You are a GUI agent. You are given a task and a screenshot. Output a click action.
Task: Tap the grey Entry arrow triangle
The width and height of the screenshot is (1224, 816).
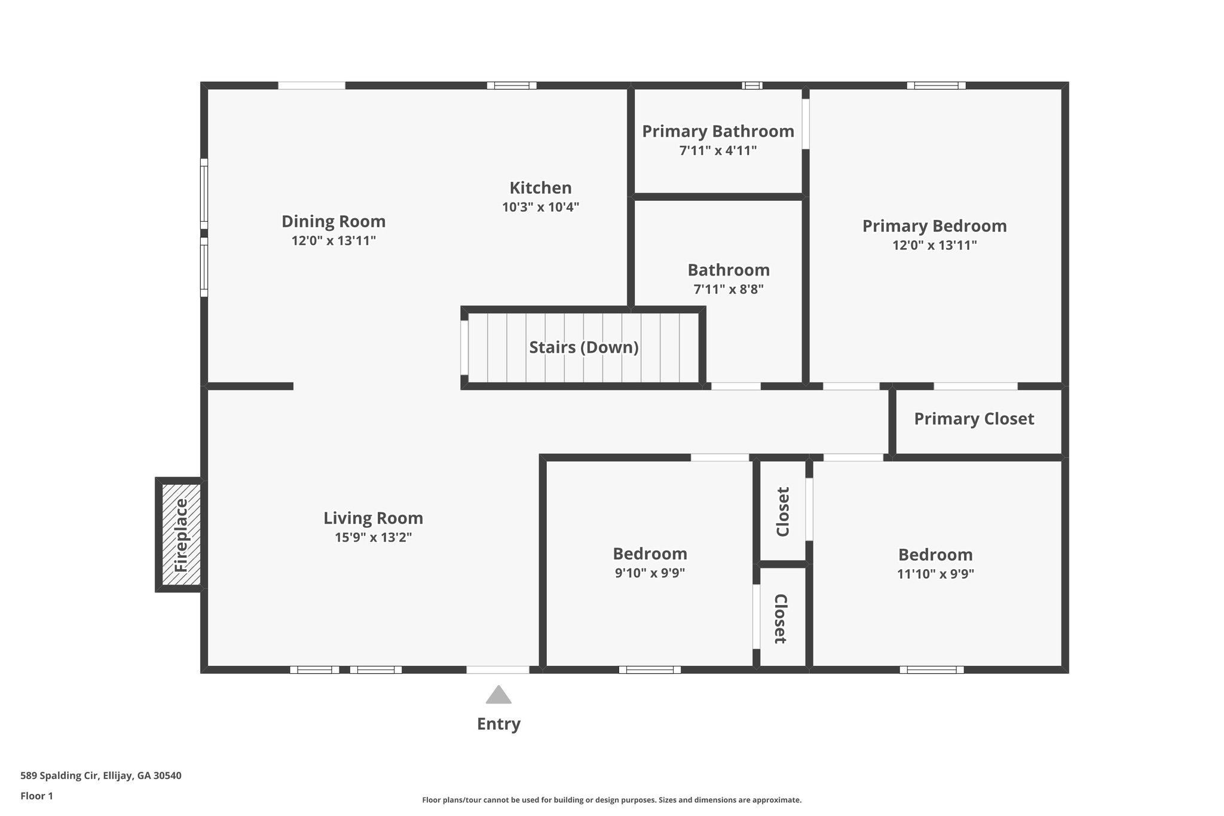(x=498, y=695)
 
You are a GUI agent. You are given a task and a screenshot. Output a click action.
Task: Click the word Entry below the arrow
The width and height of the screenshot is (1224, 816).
(x=498, y=724)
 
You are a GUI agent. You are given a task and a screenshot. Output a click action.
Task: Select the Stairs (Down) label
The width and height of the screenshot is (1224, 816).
(x=583, y=347)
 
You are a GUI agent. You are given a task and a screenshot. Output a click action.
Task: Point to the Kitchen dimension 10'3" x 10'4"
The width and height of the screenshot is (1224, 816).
(x=540, y=207)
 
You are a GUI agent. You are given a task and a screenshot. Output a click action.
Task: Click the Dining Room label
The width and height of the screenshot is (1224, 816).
(x=333, y=222)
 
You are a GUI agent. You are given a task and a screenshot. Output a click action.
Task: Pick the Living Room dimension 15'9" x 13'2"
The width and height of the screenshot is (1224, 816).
(x=373, y=537)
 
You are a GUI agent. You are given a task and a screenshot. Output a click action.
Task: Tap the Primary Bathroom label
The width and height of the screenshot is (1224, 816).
(x=718, y=132)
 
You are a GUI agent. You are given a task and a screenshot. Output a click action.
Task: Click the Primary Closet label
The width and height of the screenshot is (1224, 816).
(x=974, y=419)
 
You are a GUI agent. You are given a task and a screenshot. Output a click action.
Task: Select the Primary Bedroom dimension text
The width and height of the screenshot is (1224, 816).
(x=934, y=245)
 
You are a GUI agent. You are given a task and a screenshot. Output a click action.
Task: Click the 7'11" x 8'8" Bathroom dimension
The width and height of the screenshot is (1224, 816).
(x=728, y=290)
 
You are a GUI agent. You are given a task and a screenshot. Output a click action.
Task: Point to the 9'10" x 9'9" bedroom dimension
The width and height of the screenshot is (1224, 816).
(x=650, y=573)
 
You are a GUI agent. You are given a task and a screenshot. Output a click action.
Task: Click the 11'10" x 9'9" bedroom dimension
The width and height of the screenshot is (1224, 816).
(x=935, y=574)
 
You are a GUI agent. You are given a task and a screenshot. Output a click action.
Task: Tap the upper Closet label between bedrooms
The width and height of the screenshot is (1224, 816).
(x=783, y=512)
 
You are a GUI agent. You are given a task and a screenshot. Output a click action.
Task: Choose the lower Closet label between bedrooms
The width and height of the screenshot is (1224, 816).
(x=781, y=618)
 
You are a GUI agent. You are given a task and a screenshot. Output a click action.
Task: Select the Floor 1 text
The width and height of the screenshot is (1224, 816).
(x=36, y=796)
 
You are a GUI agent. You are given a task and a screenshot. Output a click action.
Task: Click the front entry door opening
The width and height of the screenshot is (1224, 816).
(x=497, y=670)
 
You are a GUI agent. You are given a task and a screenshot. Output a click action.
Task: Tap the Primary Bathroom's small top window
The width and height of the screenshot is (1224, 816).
(x=752, y=85)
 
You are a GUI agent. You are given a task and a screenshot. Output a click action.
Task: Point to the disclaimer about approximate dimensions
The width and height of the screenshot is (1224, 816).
(x=611, y=800)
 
